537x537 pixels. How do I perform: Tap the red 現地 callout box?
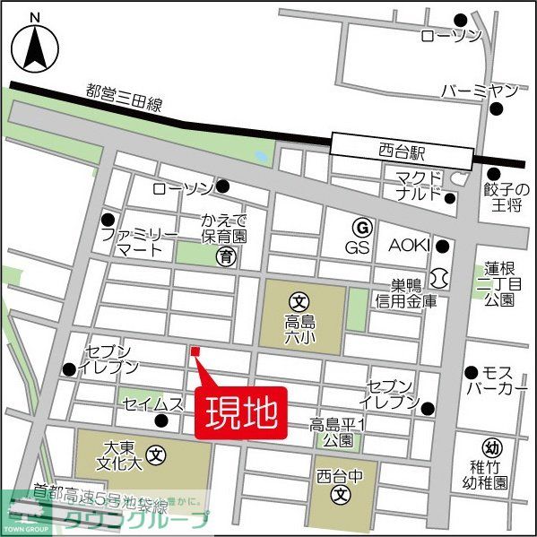tap(241, 414)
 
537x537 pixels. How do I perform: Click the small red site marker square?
tap(194, 351)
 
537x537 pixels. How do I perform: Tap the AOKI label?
tap(409, 246)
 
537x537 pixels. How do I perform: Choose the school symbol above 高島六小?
tap(298, 300)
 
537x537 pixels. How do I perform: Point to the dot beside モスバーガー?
tap(471, 371)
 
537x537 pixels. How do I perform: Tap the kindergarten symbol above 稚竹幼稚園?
tap(490, 448)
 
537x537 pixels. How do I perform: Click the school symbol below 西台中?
tap(340, 494)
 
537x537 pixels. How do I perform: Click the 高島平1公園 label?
tap(339, 433)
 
